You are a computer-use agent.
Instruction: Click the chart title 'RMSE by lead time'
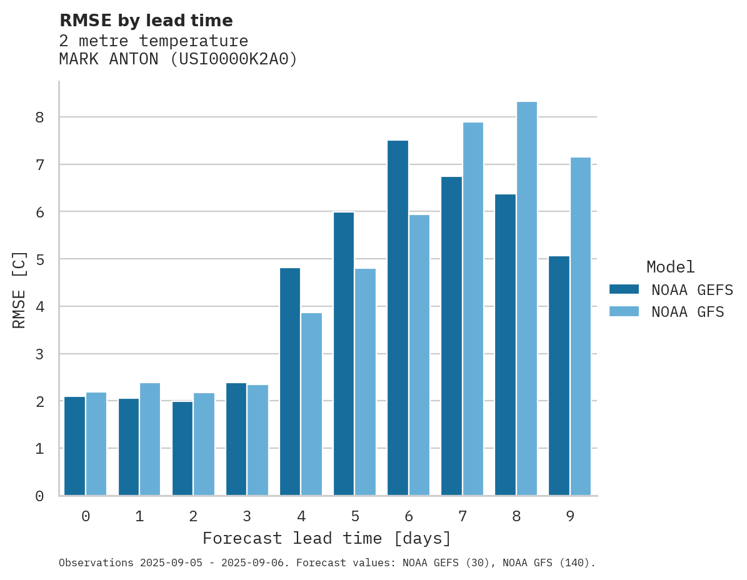tap(146, 21)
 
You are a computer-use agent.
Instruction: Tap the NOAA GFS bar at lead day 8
tap(526, 298)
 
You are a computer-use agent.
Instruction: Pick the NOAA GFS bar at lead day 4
tap(311, 404)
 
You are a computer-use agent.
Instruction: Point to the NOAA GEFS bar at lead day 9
tap(559, 376)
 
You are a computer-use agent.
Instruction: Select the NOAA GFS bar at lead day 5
tap(365, 382)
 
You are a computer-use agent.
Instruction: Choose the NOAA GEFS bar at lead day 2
tap(183, 448)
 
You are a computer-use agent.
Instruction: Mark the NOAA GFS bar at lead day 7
tap(473, 309)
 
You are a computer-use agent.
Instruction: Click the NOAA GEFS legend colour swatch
tap(624, 289)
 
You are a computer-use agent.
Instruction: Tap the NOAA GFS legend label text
tap(688, 312)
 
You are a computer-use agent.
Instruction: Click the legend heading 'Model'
tap(670, 267)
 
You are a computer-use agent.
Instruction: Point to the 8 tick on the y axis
tap(39, 117)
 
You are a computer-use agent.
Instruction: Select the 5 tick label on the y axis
tap(39, 259)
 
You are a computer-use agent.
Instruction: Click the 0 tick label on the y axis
tap(39, 496)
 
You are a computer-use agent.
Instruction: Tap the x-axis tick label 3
tap(247, 516)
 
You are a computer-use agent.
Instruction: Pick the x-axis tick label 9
tap(569, 516)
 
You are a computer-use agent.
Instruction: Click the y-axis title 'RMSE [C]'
tap(19, 289)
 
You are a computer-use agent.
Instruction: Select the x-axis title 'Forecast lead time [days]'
tap(326, 538)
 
